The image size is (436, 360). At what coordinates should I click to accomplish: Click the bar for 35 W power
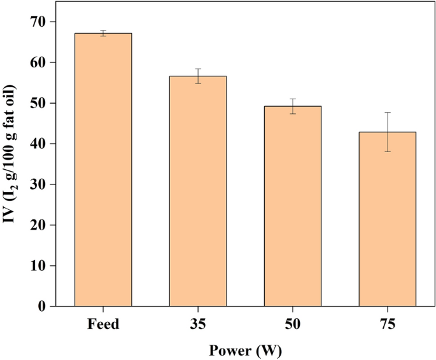pos(198,191)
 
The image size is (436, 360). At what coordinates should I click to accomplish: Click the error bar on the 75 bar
pos(387,132)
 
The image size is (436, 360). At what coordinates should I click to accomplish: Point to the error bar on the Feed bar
pos(103,33)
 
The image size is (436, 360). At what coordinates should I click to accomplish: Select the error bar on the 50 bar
pos(293,106)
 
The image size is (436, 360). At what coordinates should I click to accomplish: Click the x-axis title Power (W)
pos(245,349)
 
